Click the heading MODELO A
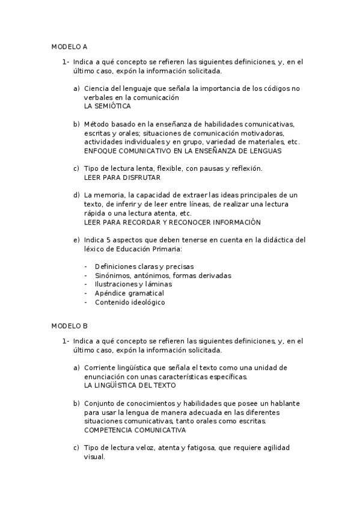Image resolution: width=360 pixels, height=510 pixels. [x=69, y=46]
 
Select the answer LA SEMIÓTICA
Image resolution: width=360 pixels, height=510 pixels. [x=108, y=106]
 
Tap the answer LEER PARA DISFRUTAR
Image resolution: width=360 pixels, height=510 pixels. [x=122, y=177]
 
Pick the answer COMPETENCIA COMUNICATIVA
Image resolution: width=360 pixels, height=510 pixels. [x=135, y=430]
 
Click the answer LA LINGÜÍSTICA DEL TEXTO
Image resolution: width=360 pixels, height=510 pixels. [x=130, y=385]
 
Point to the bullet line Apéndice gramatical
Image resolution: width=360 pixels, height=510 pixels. [x=121, y=293]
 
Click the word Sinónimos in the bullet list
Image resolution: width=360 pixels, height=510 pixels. [x=111, y=275]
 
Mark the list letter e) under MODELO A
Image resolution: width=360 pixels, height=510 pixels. [x=76, y=240]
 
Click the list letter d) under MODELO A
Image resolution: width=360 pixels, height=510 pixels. [x=76, y=195]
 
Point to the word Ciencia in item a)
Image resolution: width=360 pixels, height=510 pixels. [x=96, y=88]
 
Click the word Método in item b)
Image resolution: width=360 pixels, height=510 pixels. [x=96, y=124]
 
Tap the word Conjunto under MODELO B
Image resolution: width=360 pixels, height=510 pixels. [x=99, y=403]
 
